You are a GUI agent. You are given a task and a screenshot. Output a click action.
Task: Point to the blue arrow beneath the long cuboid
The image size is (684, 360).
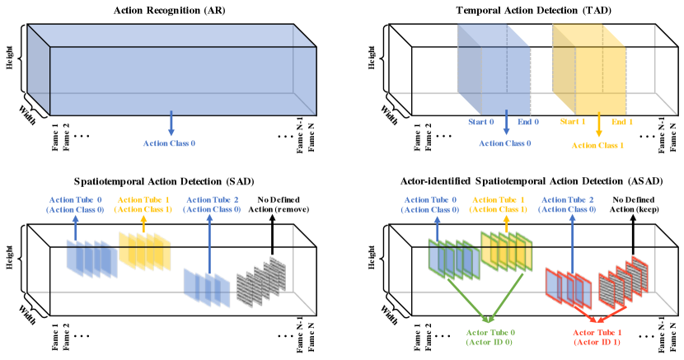click(x=171, y=124)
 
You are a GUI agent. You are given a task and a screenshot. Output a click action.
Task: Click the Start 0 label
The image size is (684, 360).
click(x=480, y=122)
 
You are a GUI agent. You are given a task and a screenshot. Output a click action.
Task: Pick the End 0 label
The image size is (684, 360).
click(x=528, y=122)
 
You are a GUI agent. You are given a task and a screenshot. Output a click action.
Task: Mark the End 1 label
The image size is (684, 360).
click(x=622, y=122)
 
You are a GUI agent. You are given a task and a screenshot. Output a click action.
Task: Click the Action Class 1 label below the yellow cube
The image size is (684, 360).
click(x=598, y=145)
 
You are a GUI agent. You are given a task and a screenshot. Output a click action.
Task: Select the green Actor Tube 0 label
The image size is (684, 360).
click(x=490, y=336)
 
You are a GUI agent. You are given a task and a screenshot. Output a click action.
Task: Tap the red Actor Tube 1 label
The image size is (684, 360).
click(x=597, y=336)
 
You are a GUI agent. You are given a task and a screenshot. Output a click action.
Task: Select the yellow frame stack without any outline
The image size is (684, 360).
click(x=144, y=250)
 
